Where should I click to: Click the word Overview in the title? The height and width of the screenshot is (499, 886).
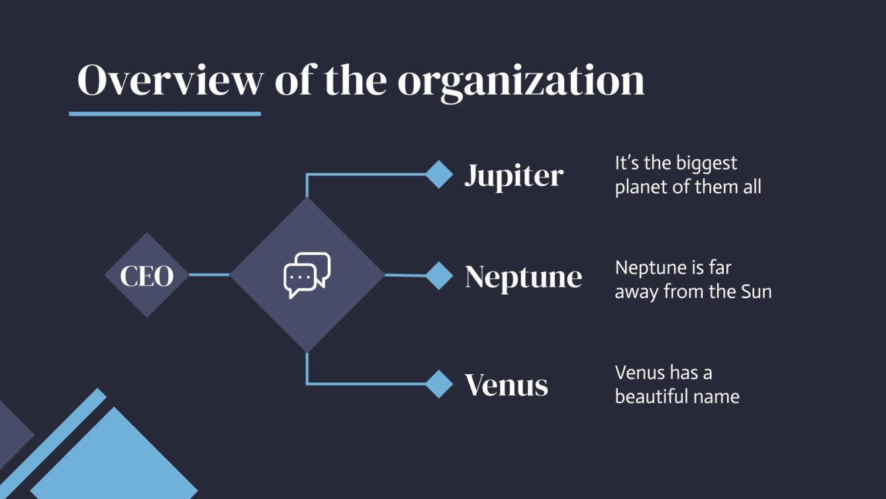point(170,80)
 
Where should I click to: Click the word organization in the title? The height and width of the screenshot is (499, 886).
point(521,80)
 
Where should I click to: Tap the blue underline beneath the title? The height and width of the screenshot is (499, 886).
point(165,114)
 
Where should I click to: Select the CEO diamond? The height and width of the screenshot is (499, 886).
point(146,275)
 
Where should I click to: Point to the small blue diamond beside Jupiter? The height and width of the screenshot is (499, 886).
point(438,175)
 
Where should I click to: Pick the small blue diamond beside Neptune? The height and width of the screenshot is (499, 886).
point(438,276)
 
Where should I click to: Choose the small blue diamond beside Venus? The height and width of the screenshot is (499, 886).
point(438,384)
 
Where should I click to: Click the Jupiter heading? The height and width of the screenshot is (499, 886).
point(514,176)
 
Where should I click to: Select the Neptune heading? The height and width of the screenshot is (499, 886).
point(523,277)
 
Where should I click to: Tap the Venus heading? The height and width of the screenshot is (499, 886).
point(506,385)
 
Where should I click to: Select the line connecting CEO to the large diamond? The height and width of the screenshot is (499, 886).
point(209,275)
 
